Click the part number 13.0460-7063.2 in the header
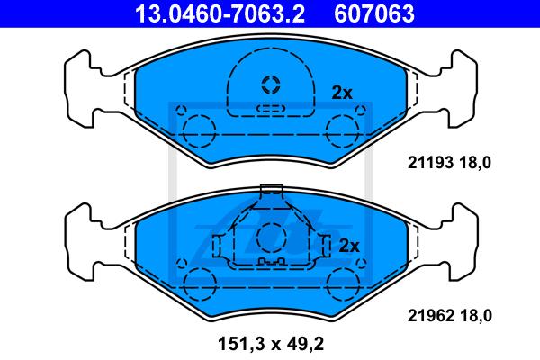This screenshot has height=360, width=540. point(220,13)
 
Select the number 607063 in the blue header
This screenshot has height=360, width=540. point(374,13)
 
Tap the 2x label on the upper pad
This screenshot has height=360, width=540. point(342,93)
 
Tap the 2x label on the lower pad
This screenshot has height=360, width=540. point(349,246)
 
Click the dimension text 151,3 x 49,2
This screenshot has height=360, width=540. point(271,344)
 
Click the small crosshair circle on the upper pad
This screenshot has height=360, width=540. point(271,85)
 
